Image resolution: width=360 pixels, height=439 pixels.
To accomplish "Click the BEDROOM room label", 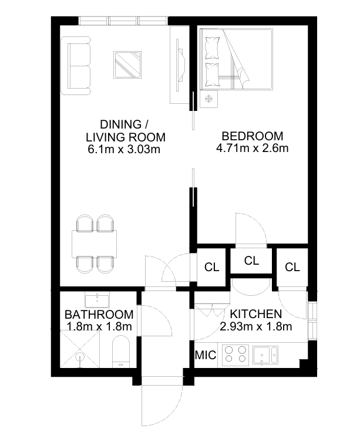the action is [x=252, y=136].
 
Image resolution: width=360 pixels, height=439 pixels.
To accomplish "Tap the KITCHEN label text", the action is [x=256, y=314].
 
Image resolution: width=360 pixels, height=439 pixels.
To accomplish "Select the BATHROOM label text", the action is [x=99, y=315].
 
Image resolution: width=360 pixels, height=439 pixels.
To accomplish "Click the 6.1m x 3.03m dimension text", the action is [x=124, y=149].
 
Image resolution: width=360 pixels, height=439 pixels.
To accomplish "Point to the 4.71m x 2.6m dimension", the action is [x=252, y=148].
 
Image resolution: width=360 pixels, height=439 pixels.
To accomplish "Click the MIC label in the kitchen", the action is [x=206, y=355].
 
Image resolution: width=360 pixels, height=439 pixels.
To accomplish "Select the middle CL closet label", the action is [x=251, y=261].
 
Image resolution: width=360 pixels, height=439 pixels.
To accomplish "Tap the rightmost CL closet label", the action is [x=292, y=268].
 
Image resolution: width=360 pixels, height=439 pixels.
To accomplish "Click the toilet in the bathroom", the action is [x=121, y=352].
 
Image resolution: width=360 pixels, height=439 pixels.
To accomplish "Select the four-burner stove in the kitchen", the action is [x=235, y=354].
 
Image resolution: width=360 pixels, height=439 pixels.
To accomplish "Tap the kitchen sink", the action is [x=265, y=355].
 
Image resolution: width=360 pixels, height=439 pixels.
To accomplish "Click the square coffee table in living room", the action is [x=127, y=65].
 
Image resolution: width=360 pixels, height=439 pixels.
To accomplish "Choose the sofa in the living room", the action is [x=76, y=66].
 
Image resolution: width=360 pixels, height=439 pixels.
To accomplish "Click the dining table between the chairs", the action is [x=95, y=244].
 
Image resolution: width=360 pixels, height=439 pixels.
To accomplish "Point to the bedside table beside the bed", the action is [x=208, y=99].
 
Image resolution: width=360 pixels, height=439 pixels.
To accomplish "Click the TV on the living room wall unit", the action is [x=181, y=65].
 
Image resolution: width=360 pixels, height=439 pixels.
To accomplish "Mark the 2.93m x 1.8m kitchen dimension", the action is [x=256, y=326].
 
